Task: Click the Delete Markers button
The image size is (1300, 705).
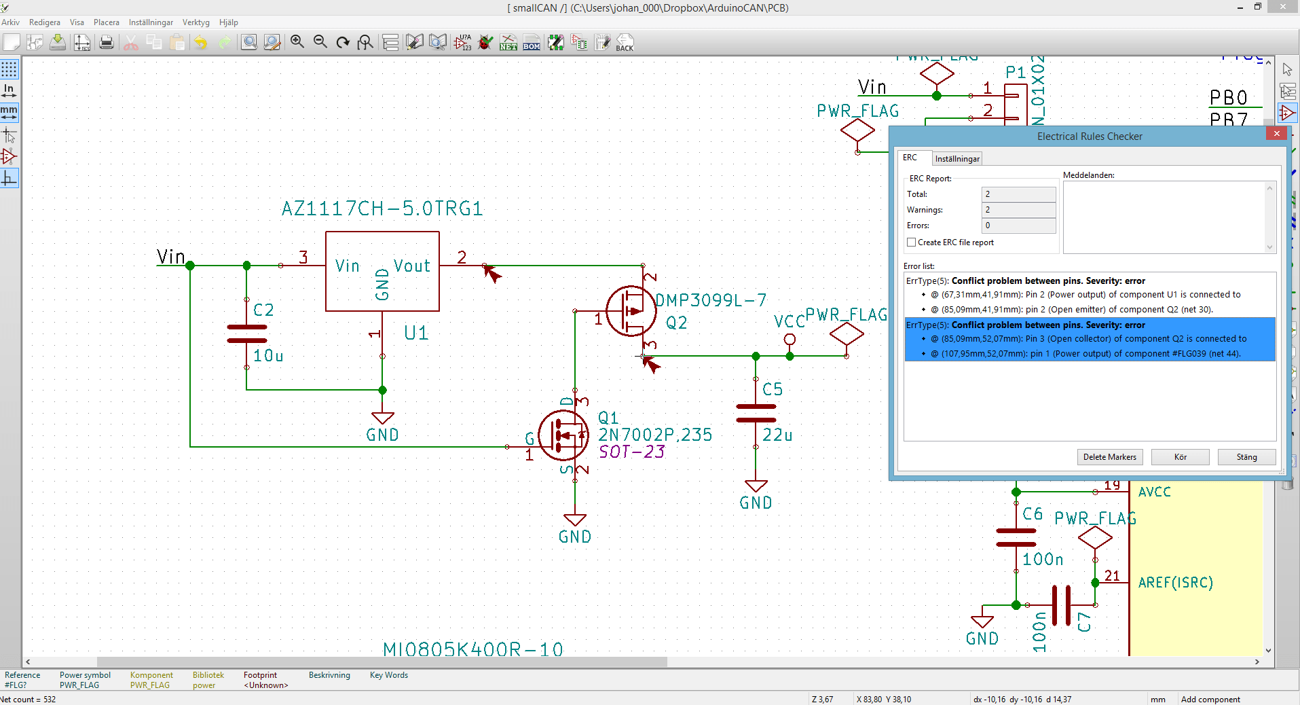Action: tap(1109, 457)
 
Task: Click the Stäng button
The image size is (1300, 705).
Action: tap(1246, 457)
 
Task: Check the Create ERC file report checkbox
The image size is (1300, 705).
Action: tap(912, 242)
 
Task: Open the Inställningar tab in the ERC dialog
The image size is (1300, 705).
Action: tap(957, 159)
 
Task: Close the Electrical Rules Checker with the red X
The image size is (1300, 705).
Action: tap(1276, 134)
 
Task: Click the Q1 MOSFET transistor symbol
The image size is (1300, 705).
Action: tap(563, 435)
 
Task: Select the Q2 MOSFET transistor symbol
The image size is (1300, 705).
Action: tap(631, 311)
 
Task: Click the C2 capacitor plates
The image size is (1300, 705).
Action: tap(246, 333)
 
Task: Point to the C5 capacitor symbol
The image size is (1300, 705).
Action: tap(756, 413)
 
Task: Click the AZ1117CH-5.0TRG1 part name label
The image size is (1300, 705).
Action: tap(382, 209)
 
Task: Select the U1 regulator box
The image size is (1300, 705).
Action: tap(382, 271)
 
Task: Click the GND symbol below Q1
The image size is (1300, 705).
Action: tap(575, 521)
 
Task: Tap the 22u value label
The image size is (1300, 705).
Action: tap(777, 435)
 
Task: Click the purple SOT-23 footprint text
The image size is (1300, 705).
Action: tap(631, 452)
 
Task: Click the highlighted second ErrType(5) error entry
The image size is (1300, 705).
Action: tap(1090, 339)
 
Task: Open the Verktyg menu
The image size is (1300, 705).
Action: tap(196, 22)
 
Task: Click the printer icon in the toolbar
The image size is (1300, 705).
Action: tap(106, 43)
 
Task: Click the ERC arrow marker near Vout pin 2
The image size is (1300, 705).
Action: tap(491, 273)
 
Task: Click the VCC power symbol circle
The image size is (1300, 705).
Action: tap(790, 339)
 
